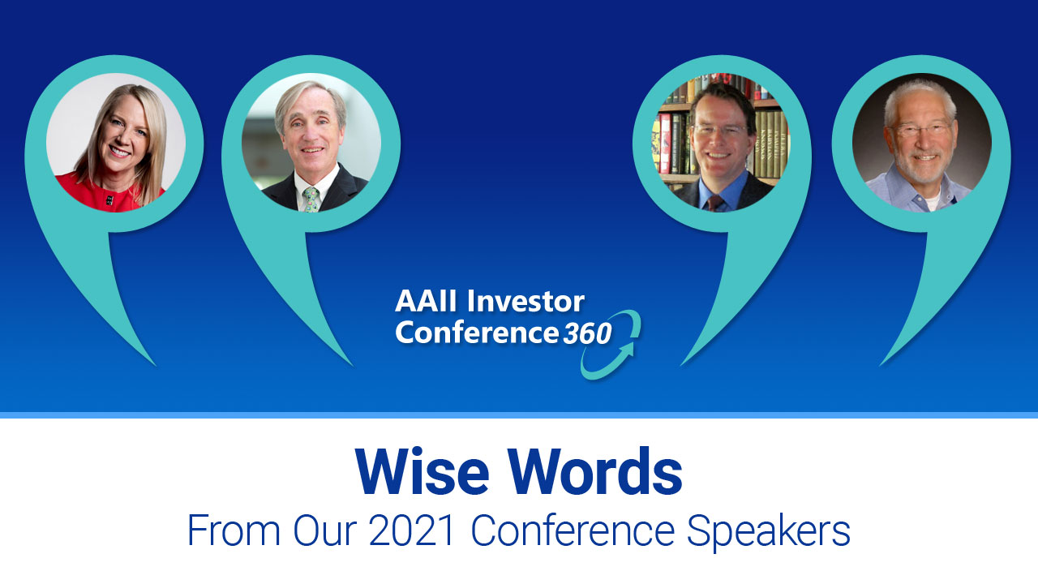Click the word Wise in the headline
(x=422, y=472)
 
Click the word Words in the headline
(x=598, y=472)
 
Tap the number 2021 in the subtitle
(x=411, y=530)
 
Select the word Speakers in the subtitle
(x=768, y=533)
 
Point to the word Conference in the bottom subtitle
(x=573, y=530)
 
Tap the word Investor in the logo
(x=525, y=301)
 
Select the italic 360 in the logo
(x=588, y=333)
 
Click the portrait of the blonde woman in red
(x=116, y=143)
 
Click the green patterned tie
(x=311, y=200)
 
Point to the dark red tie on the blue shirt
(x=714, y=204)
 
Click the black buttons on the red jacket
(x=109, y=200)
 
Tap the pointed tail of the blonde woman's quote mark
(x=156, y=366)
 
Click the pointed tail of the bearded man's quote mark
(x=881, y=365)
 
